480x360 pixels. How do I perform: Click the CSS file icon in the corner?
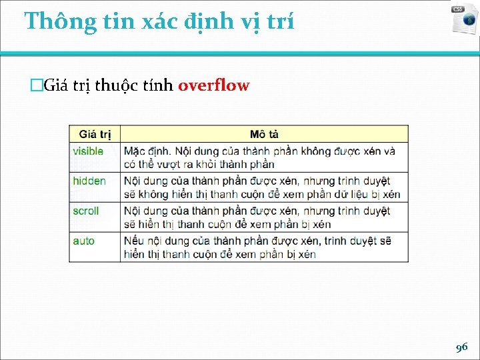[x=464, y=19]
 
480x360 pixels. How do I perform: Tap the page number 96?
[x=461, y=347]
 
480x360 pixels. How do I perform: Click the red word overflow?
[x=213, y=85]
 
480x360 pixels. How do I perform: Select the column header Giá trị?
[x=95, y=135]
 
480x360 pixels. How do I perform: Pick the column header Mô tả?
[x=264, y=135]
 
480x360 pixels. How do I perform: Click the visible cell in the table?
[x=88, y=151]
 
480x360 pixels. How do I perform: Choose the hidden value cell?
[x=89, y=181]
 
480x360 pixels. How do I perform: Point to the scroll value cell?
[x=86, y=211]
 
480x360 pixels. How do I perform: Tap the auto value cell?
[x=84, y=241]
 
